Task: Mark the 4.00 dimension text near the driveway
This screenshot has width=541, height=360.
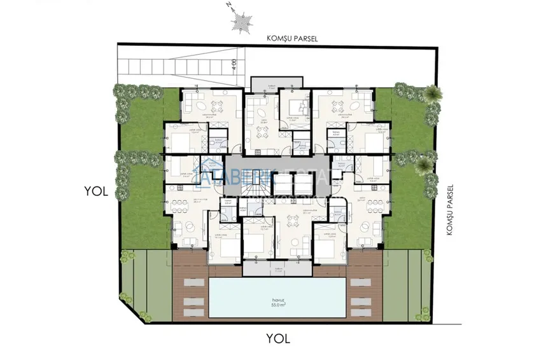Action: pos(234,65)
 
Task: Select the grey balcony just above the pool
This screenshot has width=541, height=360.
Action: pos(278,270)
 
